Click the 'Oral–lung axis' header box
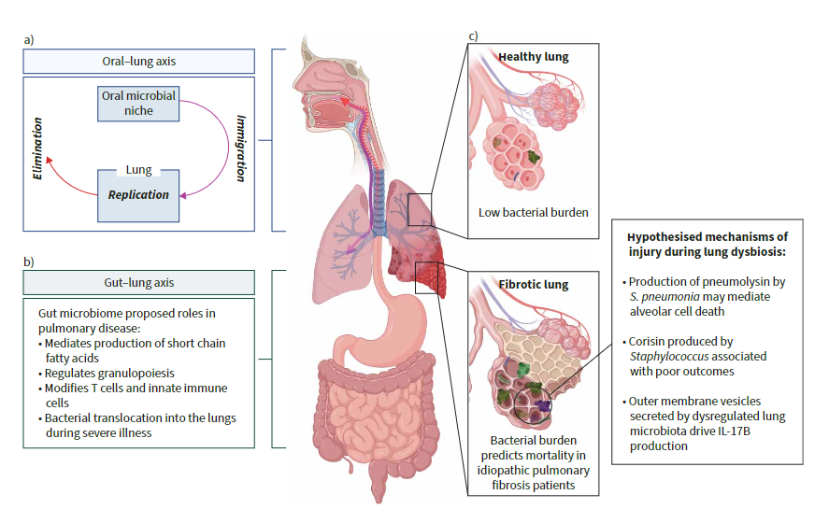pyautogui.click(x=138, y=62)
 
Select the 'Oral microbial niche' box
pyautogui.click(x=136, y=103)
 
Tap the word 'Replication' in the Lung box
pyautogui.click(x=138, y=195)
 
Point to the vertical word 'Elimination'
pyautogui.click(x=38, y=148)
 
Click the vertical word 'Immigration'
pyautogui.click(x=241, y=147)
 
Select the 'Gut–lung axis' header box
pyautogui.click(x=138, y=282)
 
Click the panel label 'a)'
pyautogui.click(x=29, y=40)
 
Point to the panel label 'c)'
pyautogui.click(x=473, y=36)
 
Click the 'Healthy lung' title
pyautogui.click(x=533, y=57)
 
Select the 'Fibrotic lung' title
pyautogui.click(x=535, y=284)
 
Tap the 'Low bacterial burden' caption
pyautogui.click(x=533, y=212)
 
